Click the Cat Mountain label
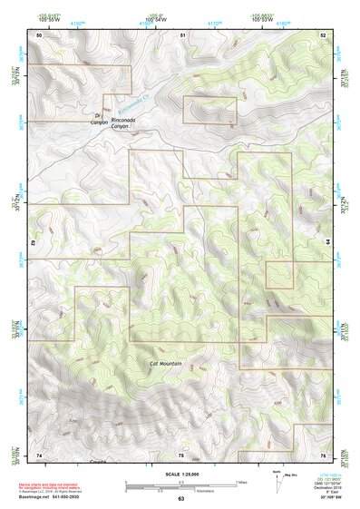coord(166,364)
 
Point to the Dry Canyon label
coord(101,120)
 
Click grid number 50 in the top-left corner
coord(39,34)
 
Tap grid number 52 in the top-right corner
coord(323,34)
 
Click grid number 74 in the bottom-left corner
coord(39,455)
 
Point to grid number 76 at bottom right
coord(323,455)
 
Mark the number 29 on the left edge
coord(35,243)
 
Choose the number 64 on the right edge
coord(327,242)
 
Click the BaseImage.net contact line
coord(52,498)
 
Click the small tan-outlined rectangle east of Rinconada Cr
coord(209,110)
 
